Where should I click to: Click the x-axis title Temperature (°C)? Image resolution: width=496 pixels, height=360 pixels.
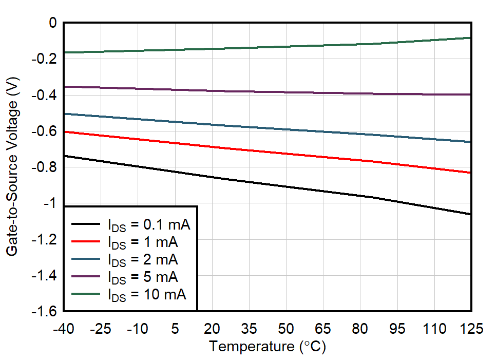[x=267, y=347]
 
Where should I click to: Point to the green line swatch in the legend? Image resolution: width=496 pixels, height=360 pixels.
[x=86, y=295]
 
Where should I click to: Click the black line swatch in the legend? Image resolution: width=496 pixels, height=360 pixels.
[x=86, y=224]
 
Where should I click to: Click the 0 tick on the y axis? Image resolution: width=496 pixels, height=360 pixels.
[x=52, y=23]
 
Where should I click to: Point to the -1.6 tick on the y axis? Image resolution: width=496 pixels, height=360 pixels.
[x=45, y=312]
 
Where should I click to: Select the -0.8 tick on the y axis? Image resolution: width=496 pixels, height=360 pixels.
[x=45, y=167]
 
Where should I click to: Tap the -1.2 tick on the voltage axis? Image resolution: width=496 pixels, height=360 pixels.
[x=45, y=240]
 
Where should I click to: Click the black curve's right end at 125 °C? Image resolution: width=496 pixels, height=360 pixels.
[x=470, y=214]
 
